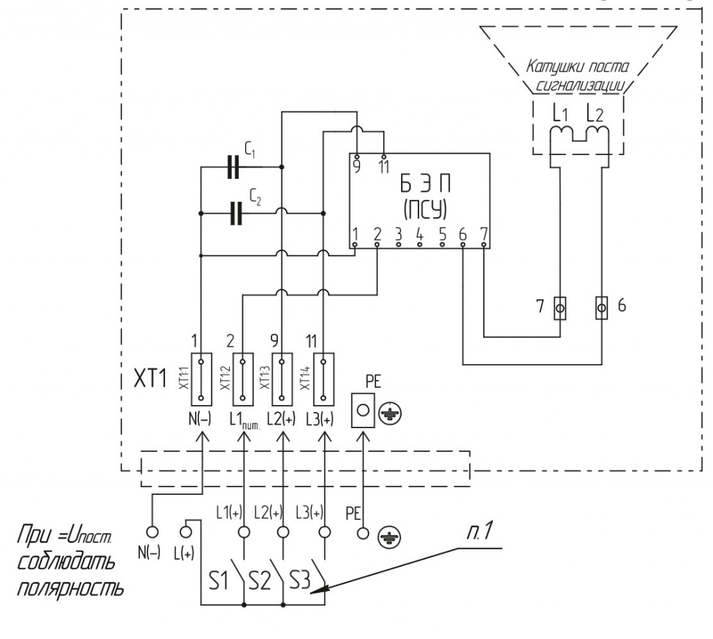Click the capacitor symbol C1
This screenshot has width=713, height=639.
click(233, 167)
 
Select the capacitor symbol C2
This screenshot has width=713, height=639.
click(236, 213)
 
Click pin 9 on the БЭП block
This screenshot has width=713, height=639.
click(356, 157)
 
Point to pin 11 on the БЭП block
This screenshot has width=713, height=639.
click(384, 157)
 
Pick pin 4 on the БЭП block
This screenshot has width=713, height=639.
click(420, 244)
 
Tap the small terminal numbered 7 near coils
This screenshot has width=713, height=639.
click(561, 308)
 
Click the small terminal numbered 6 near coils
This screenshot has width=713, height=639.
click(602, 308)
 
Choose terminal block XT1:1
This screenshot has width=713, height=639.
click(201, 379)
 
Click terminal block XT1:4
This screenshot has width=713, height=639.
click(324, 379)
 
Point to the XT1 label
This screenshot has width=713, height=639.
click(150, 378)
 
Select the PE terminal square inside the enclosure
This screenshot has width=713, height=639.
click(363, 411)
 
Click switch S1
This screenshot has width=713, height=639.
click(239, 575)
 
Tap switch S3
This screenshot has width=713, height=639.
click(319, 575)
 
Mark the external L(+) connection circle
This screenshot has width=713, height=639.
click(185, 532)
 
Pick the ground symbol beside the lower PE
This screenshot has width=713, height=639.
click(389, 539)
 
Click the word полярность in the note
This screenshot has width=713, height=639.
click(70, 590)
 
